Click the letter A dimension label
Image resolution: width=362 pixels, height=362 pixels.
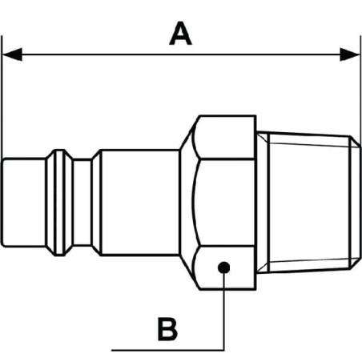point(180,34)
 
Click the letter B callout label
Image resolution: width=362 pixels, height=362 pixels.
point(167,329)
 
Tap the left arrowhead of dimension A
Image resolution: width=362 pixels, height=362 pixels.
point(12,54)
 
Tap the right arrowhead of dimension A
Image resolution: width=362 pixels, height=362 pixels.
point(350,54)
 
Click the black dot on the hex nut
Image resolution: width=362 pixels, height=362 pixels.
point(223,267)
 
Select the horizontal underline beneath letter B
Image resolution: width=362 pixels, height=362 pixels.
point(167,350)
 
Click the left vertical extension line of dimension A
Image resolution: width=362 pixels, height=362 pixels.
point(2,98)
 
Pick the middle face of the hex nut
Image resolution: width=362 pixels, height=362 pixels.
point(227,203)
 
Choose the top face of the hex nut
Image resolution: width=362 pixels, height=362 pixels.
point(226,138)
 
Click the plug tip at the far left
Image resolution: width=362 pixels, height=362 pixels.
point(23,203)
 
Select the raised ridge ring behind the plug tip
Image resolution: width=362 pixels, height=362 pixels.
point(59,203)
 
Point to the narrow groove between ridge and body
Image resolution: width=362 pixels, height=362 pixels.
point(82,203)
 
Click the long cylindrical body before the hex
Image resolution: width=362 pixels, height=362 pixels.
point(140,203)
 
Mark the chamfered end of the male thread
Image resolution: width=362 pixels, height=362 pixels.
point(356,203)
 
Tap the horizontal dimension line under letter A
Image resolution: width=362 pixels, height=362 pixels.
point(181,54)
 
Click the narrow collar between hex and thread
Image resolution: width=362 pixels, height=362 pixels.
point(263,203)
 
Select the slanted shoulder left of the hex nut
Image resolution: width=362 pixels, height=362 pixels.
point(187,203)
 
